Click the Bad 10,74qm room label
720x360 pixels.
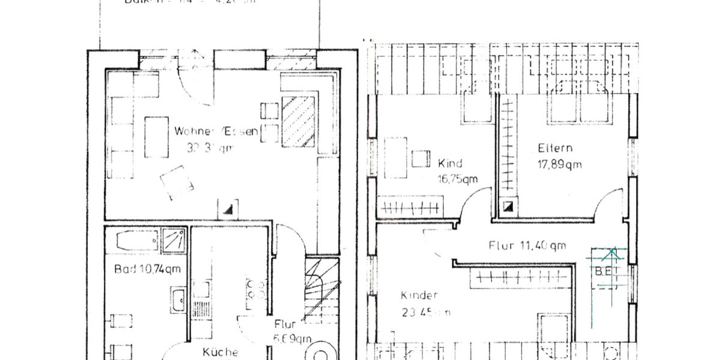147,269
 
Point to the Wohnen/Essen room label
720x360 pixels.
216,131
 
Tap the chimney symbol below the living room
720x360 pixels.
229,209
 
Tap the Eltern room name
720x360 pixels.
555,148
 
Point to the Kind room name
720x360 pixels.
450,163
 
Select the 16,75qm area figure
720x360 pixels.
457,178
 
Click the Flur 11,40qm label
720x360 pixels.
527,245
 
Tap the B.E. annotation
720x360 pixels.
604,271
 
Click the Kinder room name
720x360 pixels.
419,295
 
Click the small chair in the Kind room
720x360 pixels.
421,158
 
